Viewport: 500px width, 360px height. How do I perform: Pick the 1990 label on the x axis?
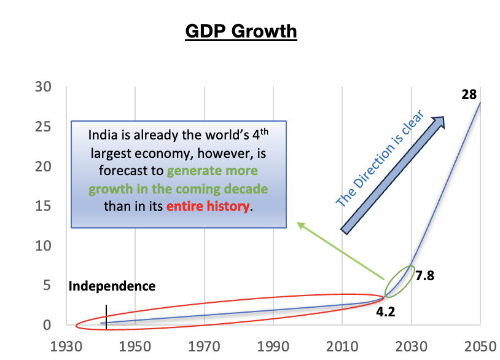274,346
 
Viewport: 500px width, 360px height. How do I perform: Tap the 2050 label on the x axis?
480,346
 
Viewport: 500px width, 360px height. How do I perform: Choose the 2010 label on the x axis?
343,346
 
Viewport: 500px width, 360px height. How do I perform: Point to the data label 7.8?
425,276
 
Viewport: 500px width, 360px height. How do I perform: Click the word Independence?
112,286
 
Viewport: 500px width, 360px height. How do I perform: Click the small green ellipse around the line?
400,281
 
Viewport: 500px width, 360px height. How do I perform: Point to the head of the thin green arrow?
299,224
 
